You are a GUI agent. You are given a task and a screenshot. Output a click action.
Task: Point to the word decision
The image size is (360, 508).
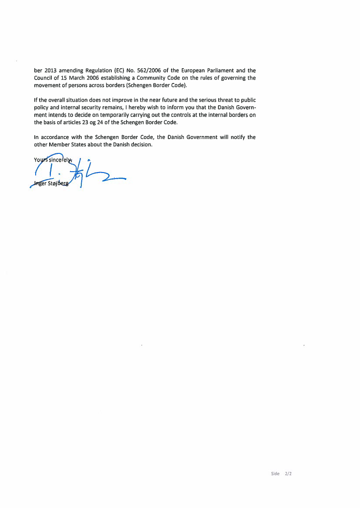coord(141,144)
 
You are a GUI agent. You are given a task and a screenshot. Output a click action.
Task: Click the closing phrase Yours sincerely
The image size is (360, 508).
coord(53,159)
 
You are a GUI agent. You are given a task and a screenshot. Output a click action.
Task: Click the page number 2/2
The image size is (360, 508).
coord(288,474)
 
